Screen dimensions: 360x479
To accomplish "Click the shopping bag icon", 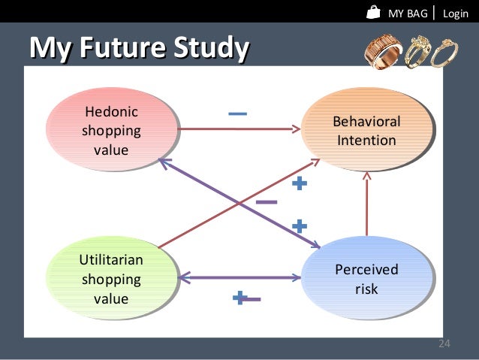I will (x=374, y=12).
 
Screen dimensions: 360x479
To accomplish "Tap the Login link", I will (x=455, y=14).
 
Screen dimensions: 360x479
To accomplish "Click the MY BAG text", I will (x=408, y=14).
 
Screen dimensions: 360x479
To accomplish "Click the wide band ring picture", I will (x=383, y=51).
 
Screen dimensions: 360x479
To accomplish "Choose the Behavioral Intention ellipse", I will (x=366, y=131).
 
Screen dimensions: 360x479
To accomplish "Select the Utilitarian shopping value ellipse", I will (x=110, y=279).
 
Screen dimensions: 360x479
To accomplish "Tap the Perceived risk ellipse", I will (x=366, y=279).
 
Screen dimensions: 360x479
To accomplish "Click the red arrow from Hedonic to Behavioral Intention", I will (x=233, y=129).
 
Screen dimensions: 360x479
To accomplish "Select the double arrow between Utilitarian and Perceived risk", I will (x=239, y=279).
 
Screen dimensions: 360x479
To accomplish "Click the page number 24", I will (x=444, y=343).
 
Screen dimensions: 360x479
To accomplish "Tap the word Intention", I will (x=366, y=141).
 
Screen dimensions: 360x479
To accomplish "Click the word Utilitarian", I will (x=111, y=260).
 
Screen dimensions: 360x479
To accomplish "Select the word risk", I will (x=366, y=289).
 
